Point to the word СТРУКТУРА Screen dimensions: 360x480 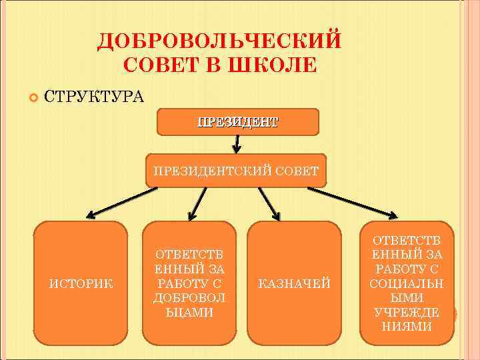(93, 97)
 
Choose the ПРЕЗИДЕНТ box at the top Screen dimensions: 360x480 (237, 122)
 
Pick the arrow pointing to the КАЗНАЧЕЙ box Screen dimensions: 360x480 (269, 202)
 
